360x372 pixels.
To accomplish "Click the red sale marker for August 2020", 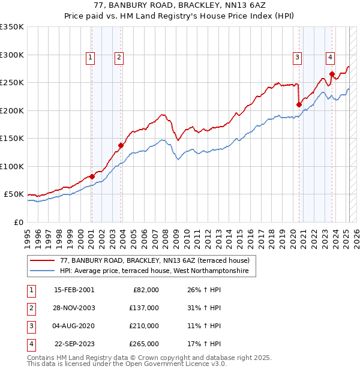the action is click(x=299, y=104).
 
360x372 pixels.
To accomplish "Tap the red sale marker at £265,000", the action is click(x=332, y=74).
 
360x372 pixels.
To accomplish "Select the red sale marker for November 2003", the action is click(x=121, y=145).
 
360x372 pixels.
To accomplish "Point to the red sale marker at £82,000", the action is click(x=92, y=176).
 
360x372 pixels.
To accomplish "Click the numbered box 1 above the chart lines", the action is click(x=90, y=58).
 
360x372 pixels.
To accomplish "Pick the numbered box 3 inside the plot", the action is click(x=297, y=58).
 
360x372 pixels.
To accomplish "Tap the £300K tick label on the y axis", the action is click(x=11, y=55).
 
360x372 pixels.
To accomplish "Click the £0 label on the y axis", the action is click(x=19, y=223).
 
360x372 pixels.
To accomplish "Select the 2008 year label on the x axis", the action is click(x=165, y=239).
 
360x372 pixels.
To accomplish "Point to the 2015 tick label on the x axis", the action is click(x=239, y=239).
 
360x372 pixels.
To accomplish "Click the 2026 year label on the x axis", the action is click(x=356, y=239).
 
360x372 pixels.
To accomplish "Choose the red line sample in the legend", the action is click(x=42, y=260).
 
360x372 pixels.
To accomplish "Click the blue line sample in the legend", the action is click(x=42, y=271).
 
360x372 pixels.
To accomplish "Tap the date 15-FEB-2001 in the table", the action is click(x=74, y=290).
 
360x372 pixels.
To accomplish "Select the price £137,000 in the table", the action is click(x=144, y=308).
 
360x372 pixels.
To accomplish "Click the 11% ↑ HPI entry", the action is click(x=204, y=326).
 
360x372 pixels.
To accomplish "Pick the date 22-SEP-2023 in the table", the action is click(x=74, y=344).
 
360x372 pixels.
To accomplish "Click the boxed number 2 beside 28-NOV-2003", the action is click(x=32, y=309).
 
